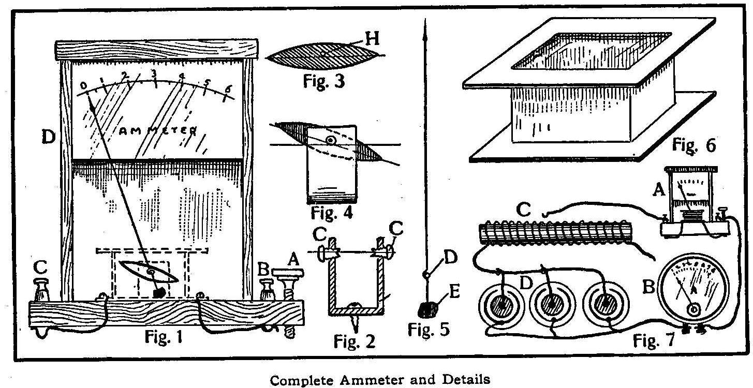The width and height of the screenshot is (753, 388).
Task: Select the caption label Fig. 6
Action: (693, 146)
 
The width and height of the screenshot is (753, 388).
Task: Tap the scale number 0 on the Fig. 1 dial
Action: (84, 85)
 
